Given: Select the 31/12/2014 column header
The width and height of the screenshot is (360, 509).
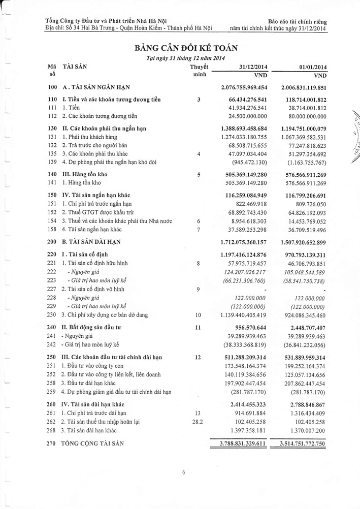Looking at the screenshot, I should pyautogui.click(x=249, y=67).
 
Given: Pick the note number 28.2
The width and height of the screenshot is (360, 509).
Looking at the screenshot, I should pyautogui.click(x=198, y=421).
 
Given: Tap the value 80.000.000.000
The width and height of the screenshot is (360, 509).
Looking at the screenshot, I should pyautogui.click(x=305, y=116).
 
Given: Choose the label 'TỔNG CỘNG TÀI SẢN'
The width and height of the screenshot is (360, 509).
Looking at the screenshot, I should pyautogui.click(x=92, y=443).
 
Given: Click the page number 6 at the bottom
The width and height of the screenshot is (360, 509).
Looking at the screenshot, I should pyautogui.click(x=184, y=473).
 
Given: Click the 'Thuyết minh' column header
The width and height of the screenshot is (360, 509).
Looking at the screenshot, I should pyautogui.click(x=199, y=71).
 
